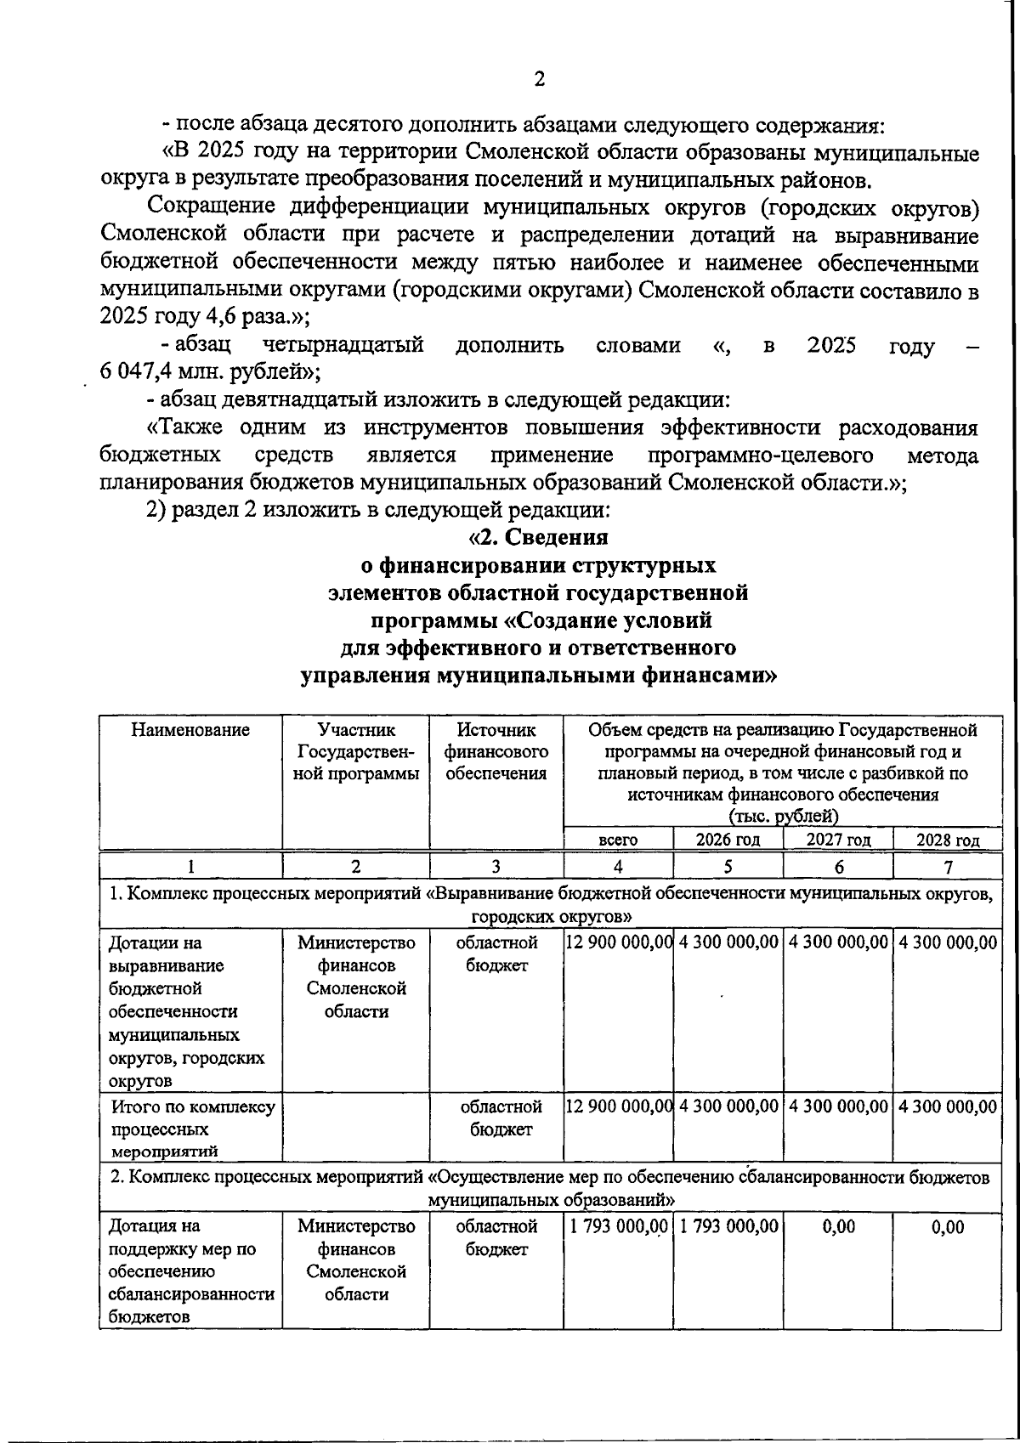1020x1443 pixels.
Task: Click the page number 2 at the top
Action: click(x=539, y=80)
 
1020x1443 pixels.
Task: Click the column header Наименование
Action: click(x=190, y=729)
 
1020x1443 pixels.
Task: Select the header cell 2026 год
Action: click(x=728, y=840)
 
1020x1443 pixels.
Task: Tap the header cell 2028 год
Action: click(x=948, y=840)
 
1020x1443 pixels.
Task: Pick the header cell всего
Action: click(x=618, y=840)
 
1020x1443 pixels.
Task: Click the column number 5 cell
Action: click(x=728, y=866)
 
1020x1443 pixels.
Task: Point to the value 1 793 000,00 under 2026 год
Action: click(x=728, y=1226)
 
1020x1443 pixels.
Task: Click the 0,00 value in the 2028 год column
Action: click(x=948, y=1226)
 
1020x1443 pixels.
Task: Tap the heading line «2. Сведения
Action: click(x=539, y=537)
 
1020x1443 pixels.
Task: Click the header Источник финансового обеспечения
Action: click(x=496, y=751)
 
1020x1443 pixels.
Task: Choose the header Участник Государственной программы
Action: click(x=356, y=751)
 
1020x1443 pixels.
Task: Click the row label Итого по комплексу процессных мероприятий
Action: click(x=191, y=1129)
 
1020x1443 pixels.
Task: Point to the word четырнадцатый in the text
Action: click(x=343, y=345)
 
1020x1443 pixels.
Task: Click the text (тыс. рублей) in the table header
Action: click(x=783, y=817)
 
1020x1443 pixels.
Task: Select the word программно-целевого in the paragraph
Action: click(x=761, y=455)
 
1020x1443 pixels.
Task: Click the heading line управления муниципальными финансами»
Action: click(x=539, y=676)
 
